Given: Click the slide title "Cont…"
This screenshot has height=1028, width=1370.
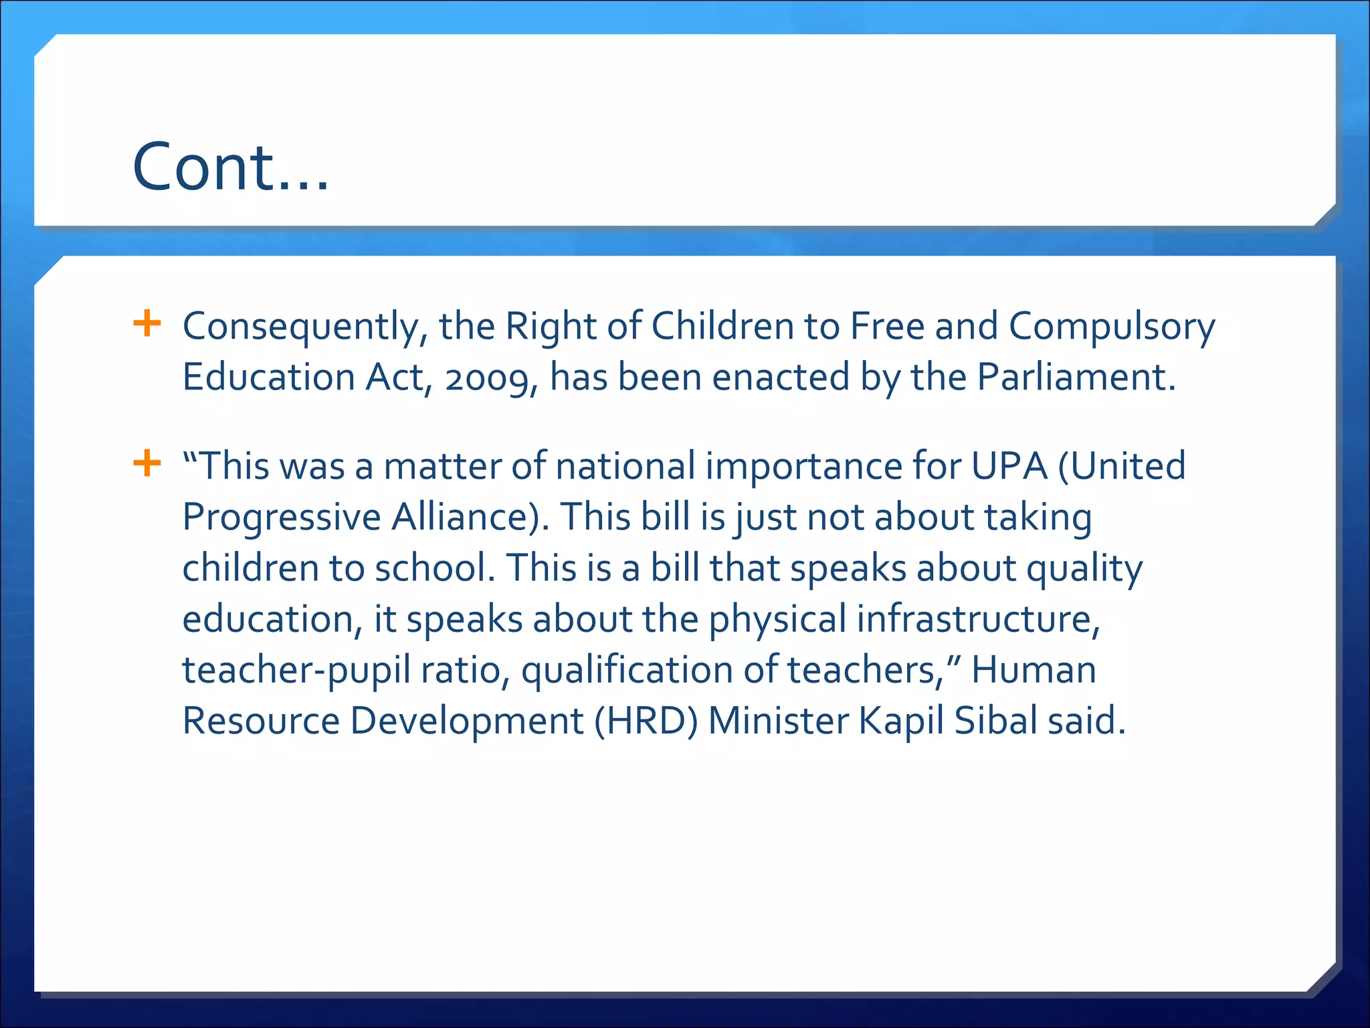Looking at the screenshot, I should coord(231,167).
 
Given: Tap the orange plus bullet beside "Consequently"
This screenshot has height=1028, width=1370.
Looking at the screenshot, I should coord(147,324).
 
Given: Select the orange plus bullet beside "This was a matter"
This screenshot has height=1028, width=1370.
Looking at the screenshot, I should coord(147,463).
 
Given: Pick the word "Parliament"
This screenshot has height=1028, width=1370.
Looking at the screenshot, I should coord(1076,377).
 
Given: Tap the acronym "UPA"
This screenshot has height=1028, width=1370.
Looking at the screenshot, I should coord(1009,466).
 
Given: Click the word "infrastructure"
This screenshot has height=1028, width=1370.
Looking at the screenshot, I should coord(978,619).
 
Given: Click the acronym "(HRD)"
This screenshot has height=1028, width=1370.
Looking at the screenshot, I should coord(646,721).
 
